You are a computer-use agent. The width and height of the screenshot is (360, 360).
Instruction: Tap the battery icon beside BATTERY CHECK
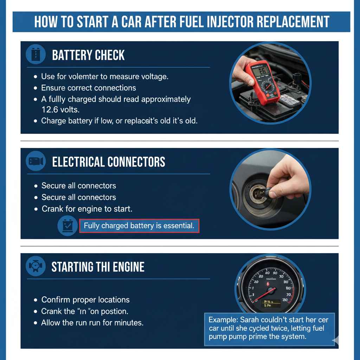point(36,54)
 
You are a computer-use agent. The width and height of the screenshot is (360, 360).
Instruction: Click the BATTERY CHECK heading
point(88,55)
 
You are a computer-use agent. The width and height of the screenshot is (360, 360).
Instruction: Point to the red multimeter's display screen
point(261,71)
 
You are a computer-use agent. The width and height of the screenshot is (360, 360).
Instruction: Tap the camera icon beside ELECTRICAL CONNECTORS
point(36,161)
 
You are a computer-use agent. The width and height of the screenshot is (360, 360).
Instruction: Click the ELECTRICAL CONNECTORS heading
point(108,162)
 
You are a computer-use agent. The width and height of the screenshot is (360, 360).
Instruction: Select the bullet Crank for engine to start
point(87,209)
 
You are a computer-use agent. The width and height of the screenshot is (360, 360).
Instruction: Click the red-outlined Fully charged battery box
point(139,226)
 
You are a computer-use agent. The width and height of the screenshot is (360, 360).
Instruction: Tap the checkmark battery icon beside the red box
point(67,225)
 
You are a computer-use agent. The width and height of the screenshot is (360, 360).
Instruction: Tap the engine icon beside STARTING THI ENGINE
point(36,266)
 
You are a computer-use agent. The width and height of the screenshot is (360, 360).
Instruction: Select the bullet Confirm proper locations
point(85,300)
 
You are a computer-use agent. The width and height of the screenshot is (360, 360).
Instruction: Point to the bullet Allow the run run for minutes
point(92,323)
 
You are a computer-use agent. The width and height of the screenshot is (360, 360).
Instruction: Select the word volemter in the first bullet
point(91,76)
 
